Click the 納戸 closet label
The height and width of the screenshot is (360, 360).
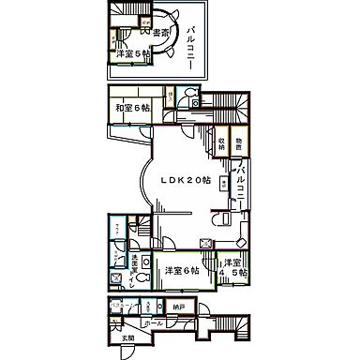[x=177, y=307]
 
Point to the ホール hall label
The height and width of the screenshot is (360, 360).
[x=157, y=323]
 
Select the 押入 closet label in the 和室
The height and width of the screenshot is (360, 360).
[x=169, y=96]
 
